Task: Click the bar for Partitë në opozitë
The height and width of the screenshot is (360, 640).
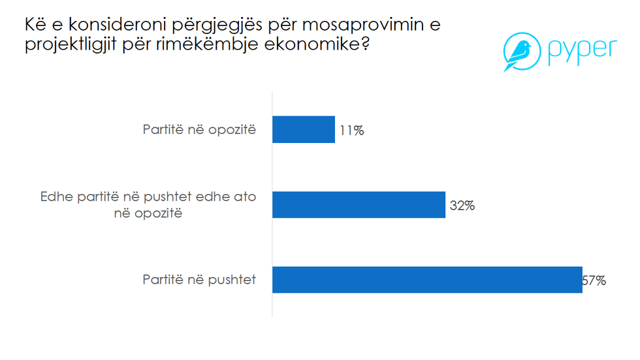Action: (303, 129)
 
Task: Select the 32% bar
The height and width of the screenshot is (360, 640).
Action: (359, 205)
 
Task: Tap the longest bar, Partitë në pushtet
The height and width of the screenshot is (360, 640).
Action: (426, 280)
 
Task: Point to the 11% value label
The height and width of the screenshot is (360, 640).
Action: (351, 131)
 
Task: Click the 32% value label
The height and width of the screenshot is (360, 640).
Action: (462, 206)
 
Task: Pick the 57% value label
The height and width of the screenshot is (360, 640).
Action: (594, 281)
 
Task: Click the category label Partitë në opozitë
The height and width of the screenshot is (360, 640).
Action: (199, 129)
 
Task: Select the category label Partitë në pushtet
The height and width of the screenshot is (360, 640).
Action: (199, 280)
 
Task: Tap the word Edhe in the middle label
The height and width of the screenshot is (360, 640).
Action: (56, 197)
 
